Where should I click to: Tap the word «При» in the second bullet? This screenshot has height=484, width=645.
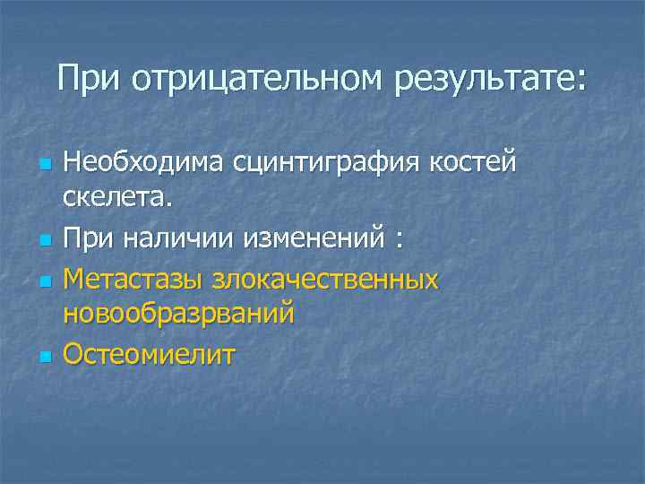[86, 240]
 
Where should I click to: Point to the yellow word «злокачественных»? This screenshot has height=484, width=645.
[326, 280]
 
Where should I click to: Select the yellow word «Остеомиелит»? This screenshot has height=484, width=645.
[150, 355]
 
